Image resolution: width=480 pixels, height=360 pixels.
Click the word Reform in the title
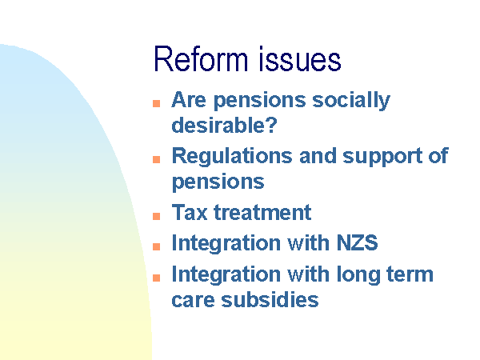pos(200,59)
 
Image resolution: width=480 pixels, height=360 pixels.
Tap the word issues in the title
pos(300,59)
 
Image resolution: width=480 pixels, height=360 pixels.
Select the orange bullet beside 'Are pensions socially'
pos(157,103)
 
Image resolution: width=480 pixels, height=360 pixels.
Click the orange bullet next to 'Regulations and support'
pos(157,159)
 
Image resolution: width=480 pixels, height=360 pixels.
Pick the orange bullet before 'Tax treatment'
pos(157,216)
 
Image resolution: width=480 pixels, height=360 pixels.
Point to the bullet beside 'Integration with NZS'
pos(157,246)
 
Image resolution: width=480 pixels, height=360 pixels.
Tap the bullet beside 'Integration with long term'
pos(157,278)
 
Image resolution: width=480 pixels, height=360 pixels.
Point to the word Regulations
pos(232,157)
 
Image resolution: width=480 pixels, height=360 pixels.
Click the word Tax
pos(190,212)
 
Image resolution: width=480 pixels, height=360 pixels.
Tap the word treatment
pos(262,212)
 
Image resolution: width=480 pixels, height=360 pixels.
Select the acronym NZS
pos(358,242)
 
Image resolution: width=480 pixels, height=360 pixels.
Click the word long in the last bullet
pos(358,275)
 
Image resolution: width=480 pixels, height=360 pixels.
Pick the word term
pos(410,274)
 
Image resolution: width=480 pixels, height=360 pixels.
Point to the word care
pos(193,300)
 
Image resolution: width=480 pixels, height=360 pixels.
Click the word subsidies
pos(270,299)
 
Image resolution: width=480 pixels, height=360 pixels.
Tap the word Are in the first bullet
pos(189,100)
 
